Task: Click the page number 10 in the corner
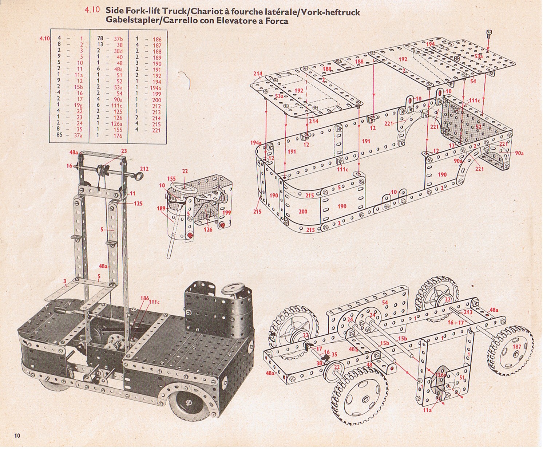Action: pos(17,436)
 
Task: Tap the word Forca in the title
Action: pos(277,21)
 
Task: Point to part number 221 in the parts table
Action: pos(156,130)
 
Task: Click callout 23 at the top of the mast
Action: pos(124,151)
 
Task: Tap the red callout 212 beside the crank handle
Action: pos(144,169)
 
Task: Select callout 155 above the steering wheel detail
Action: pos(171,178)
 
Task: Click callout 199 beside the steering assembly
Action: pos(226,212)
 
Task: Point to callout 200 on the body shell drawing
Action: pos(303,211)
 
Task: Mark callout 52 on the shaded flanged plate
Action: pos(478,127)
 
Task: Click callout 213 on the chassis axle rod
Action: pos(468,312)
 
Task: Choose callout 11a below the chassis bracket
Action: pos(428,410)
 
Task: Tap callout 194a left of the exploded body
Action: pos(256,143)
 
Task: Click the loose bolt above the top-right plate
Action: pos(489,34)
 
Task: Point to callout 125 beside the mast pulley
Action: pos(138,204)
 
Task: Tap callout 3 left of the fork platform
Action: pos(65,281)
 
